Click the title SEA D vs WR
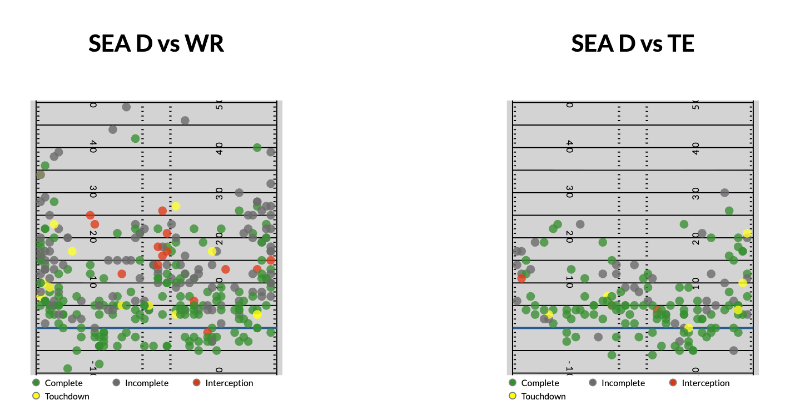156,43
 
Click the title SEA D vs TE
633,43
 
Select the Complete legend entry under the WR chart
63,383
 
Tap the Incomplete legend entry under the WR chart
146,383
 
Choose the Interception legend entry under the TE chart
705,383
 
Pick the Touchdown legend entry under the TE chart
543,396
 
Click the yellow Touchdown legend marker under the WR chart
36,396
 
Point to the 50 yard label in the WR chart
220,104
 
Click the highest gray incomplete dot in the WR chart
126,107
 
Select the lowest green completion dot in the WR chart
67,368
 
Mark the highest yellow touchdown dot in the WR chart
176,206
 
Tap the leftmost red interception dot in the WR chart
90,215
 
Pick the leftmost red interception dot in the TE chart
521,278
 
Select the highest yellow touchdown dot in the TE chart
747,233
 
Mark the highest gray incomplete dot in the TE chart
724,193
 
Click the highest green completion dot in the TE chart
729,211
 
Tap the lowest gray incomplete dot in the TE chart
733,351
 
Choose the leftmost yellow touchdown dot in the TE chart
549,314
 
